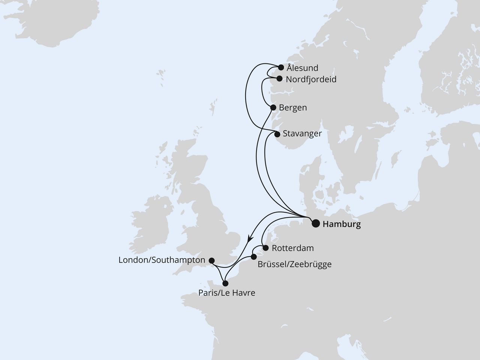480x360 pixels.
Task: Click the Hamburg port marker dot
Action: click(x=316, y=224)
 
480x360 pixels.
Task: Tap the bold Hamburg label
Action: click(x=342, y=225)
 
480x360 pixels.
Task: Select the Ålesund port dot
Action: click(x=281, y=68)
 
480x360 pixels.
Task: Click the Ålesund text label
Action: click(x=302, y=68)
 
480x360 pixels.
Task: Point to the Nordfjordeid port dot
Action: click(x=279, y=79)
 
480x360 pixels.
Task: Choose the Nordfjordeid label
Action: click(x=311, y=79)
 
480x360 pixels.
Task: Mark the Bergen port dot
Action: click(x=273, y=108)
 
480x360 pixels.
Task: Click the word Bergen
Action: click(x=293, y=108)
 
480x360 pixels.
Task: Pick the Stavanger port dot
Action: click(x=277, y=134)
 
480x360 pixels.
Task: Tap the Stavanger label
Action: click(x=302, y=133)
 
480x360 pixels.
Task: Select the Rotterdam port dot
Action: click(x=265, y=248)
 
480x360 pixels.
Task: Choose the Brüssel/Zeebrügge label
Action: click(x=294, y=264)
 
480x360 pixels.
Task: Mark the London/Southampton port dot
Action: click(x=211, y=260)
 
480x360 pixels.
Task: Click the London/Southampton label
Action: click(x=162, y=260)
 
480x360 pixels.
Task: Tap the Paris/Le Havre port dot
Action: click(x=225, y=283)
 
